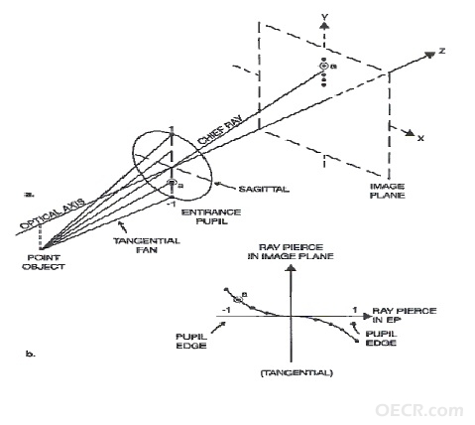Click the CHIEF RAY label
tap(220, 129)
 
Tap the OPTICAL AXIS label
tap(53, 215)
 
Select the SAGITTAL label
tap(264, 190)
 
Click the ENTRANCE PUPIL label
tap(211, 216)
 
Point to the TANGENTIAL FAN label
tap(147, 245)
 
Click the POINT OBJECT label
tap(44, 262)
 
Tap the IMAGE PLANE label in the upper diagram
tap(387, 191)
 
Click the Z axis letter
tap(442, 51)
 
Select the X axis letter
tap(420, 138)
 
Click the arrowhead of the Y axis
tap(325, 26)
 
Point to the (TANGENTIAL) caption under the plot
tap(297, 373)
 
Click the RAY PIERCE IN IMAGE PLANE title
tap(291, 251)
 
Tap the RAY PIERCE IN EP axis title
tap(405, 315)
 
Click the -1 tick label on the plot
tap(226, 310)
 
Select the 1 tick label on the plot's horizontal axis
tap(355, 310)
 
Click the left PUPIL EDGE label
tap(191, 341)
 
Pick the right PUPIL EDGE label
tap(381, 338)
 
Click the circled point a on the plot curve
tap(238, 300)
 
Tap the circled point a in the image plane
tap(324, 66)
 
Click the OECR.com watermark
tap(419, 410)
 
